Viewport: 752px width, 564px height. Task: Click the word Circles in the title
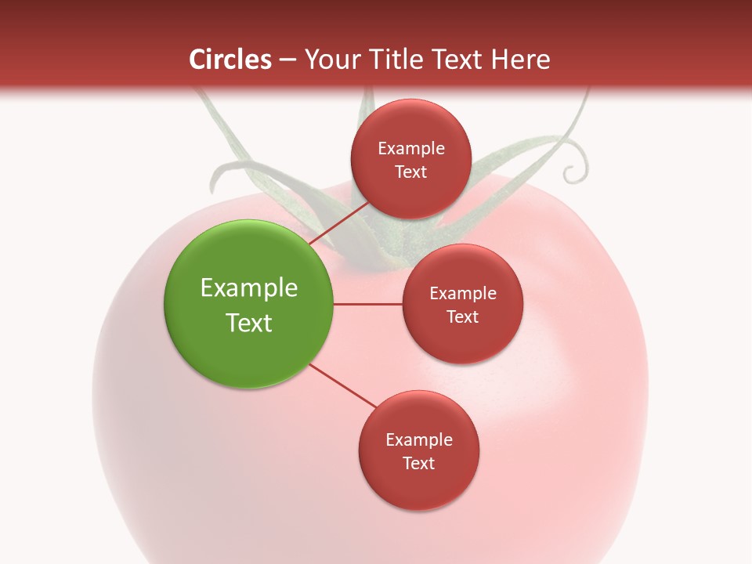(230, 60)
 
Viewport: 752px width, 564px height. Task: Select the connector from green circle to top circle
(338, 222)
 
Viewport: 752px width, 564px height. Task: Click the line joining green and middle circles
(368, 304)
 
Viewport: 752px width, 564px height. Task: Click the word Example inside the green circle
(249, 288)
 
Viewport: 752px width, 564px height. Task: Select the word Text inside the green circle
(249, 323)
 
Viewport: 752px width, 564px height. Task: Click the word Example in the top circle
(411, 149)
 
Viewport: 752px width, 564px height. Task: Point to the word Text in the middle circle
(463, 316)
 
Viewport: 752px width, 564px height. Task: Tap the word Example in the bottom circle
(419, 440)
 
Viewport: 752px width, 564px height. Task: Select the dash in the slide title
(287, 60)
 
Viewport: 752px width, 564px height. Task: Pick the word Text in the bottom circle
(419, 463)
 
